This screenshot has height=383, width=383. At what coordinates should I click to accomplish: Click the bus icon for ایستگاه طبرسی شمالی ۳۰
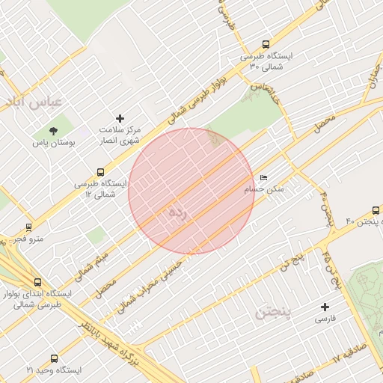[x=266, y=44]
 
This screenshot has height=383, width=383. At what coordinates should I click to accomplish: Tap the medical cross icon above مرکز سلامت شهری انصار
[x=120, y=118]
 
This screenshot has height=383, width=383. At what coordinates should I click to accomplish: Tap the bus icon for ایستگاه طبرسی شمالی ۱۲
[x=101, y=172]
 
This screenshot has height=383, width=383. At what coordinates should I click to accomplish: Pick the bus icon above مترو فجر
[x=29, y=227]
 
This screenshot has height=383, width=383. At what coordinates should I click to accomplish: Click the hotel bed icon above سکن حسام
[x=263, y=178]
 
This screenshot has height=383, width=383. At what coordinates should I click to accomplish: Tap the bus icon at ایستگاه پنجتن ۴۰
[x=375, y=211]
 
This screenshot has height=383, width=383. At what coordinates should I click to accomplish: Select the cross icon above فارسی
[x=325, y=307]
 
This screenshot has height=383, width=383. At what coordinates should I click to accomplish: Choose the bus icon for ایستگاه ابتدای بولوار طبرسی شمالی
[x=37, y=282]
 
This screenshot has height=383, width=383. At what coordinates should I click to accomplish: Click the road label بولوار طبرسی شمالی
[x=179, y=105]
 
